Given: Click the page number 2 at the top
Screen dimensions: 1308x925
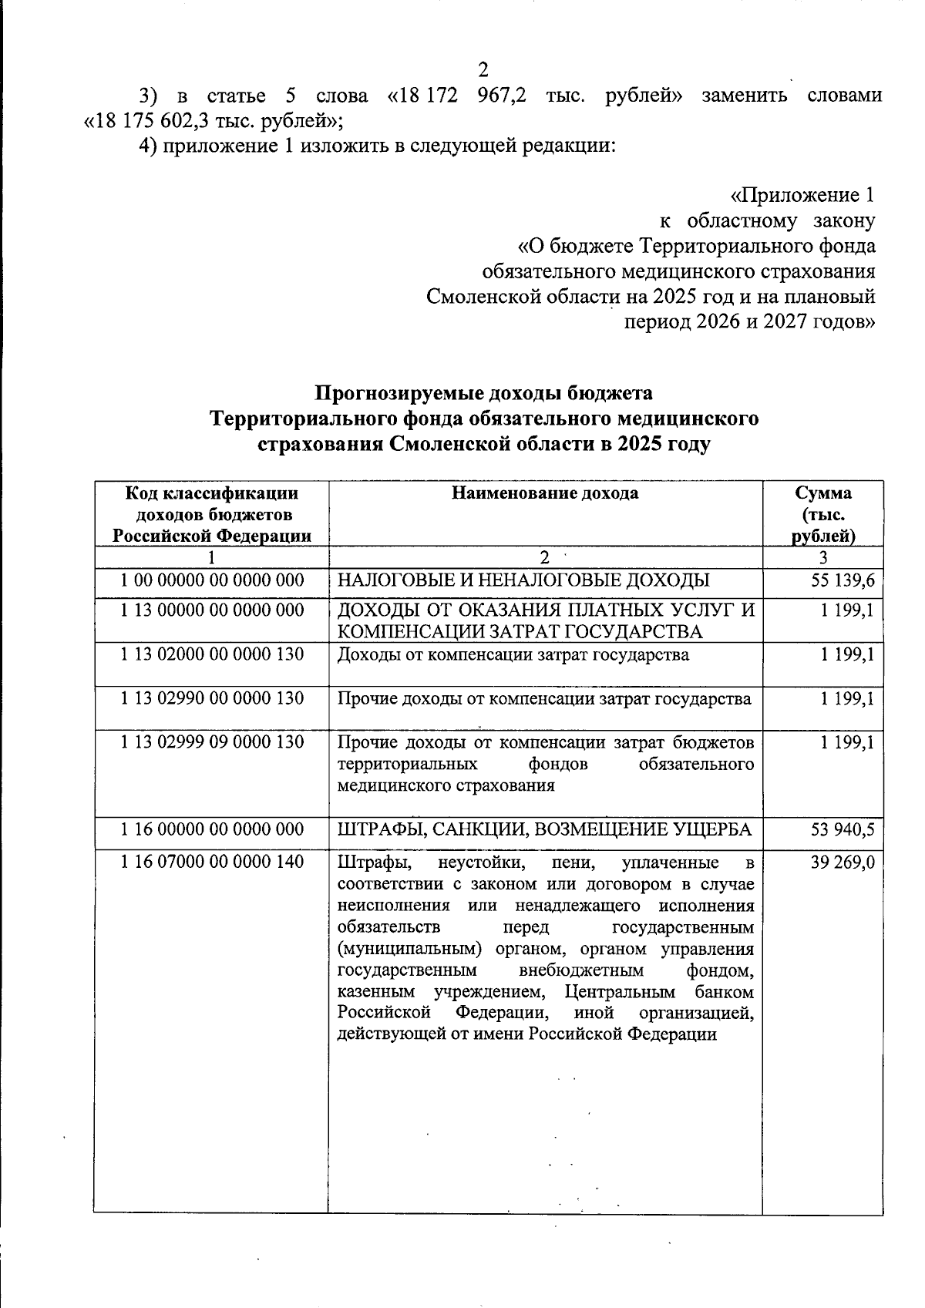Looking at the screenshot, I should (483, 70).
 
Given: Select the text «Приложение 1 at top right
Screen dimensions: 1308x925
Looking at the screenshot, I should (802, 196).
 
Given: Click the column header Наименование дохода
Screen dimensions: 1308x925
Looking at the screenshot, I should (545, 493).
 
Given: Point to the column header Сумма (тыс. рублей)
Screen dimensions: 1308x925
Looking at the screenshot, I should (823, 514).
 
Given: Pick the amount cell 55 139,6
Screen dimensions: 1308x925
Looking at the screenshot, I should (843, 580).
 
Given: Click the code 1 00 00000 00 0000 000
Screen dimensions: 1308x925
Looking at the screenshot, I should (213, 580).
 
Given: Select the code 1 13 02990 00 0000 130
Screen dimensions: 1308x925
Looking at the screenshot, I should (213, 698).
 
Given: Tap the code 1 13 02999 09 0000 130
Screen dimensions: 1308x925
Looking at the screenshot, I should (213, 742).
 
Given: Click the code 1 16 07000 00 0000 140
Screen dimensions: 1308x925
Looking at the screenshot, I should (213, 861).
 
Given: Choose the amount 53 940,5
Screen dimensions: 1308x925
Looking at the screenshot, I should (843, 830).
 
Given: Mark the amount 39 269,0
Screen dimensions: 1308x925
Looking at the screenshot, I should (843, 862).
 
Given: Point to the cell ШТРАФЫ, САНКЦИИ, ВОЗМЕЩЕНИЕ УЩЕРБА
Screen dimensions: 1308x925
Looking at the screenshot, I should (545, 830).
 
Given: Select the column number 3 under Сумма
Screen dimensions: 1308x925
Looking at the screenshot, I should (823, 557).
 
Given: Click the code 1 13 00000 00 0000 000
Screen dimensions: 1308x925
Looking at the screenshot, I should (213, 610).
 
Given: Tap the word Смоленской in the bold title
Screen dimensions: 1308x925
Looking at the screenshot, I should (439, 445).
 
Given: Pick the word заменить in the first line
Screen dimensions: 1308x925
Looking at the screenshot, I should (745, 96).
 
